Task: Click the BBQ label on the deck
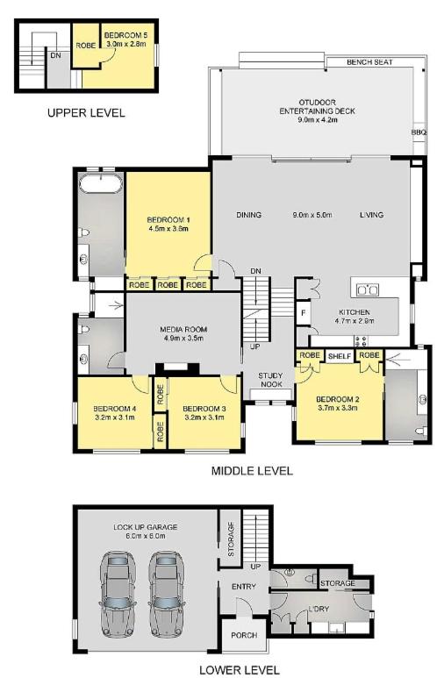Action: click(419, 132)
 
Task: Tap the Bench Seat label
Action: click(369, 62)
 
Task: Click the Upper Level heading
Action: click(86, 113)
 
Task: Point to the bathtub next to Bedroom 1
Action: click(101, 184)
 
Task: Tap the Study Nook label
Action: click(270, 380)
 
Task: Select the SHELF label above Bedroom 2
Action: click(340, 356)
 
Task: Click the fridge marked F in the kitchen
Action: click(304, 312)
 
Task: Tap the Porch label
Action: click(244, 635)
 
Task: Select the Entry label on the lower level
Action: click(244, 587)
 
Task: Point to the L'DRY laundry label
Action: click(319, 609)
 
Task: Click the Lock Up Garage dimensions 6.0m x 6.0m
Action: click(146, 536)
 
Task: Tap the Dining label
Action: click(249, 215)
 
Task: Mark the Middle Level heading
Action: click(252, 471)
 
